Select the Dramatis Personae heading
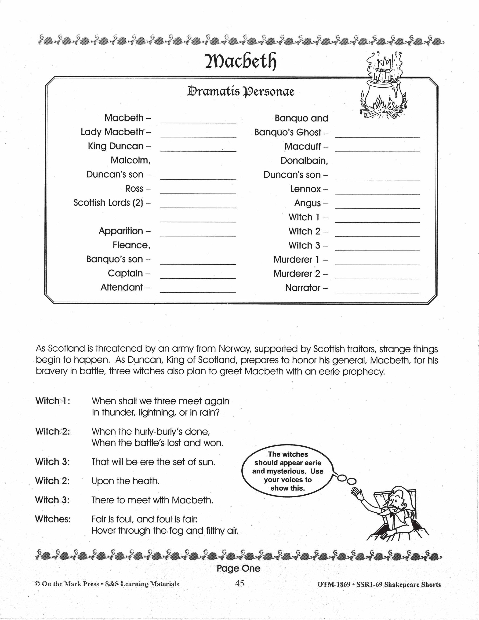(241, 92)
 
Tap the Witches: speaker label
(53, 519)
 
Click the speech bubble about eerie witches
(287, 471)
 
